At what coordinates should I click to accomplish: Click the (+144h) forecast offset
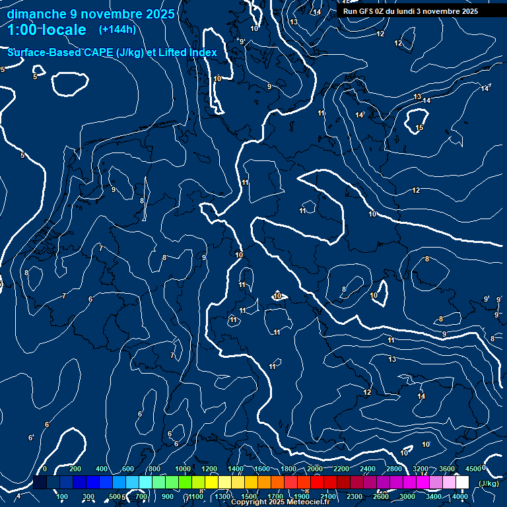(117, 30)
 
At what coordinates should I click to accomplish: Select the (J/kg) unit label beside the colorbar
(489, 483)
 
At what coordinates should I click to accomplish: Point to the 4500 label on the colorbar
(473, 469)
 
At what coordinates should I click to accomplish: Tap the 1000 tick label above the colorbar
(183, 469)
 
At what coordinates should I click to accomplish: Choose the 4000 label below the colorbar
(460, 496)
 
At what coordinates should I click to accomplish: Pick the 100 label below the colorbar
(62, 496)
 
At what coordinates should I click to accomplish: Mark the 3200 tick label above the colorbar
(421, 469)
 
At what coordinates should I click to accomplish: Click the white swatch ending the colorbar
(462, 483)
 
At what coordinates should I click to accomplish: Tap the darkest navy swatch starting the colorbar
(40, 483)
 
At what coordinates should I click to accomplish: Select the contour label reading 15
(420, 127)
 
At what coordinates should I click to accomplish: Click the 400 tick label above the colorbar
(102, 469)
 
